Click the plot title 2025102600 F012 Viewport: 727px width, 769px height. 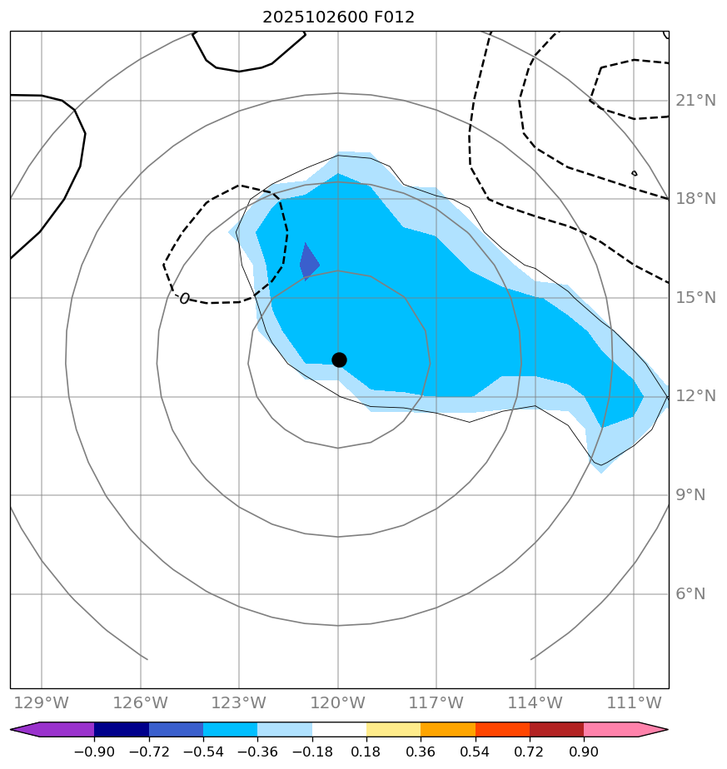338,17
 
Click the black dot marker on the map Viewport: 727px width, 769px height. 339,360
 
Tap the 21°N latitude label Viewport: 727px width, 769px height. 695,101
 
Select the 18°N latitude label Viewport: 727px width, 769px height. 695,199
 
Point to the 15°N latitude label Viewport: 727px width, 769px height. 695,298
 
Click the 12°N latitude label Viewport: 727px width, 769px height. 695,396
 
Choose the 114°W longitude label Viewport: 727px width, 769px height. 535,703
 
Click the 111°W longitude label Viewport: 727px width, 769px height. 634,703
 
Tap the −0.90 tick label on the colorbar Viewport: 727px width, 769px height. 94,752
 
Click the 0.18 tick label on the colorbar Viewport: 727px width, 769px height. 366,752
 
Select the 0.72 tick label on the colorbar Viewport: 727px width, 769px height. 530,752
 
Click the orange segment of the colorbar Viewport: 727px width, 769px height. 448,730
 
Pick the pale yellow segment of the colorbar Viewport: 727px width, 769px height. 394,730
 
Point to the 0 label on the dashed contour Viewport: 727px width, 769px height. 184,298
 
